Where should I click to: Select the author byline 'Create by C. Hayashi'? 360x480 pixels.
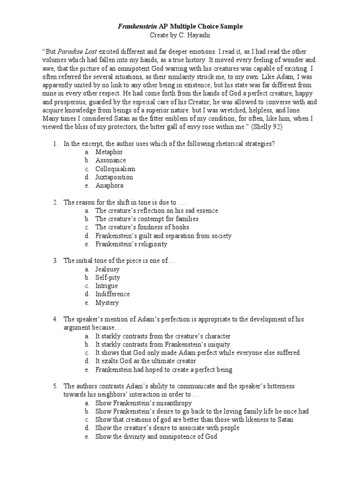180,35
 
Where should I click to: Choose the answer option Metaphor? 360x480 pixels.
109,152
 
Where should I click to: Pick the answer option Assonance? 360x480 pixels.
111,160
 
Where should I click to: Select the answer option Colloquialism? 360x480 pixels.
115,169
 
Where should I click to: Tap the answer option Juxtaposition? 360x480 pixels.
114,177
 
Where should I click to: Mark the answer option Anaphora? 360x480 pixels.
109,186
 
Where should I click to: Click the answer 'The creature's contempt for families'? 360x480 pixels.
147,219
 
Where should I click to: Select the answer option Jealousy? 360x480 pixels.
107,269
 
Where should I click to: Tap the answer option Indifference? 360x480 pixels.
112,294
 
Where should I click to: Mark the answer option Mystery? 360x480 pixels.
107,303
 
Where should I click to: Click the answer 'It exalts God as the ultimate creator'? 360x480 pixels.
146,361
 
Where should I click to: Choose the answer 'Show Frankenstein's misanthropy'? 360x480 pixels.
143,403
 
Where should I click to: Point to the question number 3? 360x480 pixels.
55,261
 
